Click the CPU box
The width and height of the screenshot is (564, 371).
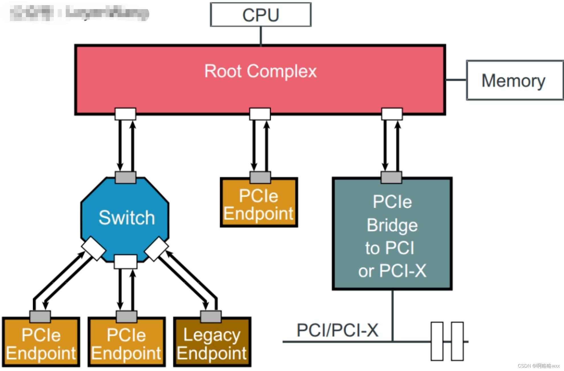261,15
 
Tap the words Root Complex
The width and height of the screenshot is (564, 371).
260,71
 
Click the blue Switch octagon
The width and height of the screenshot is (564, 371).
125,218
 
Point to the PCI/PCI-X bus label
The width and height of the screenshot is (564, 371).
337,330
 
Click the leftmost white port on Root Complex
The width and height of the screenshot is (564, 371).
125,114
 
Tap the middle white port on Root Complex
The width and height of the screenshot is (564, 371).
260,114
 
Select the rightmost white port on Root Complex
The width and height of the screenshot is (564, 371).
392,114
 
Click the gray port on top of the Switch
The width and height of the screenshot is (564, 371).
125,177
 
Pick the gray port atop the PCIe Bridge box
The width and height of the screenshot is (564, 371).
391,177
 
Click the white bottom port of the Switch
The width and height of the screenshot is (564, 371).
126,262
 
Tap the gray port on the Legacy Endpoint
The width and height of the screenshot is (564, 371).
211,317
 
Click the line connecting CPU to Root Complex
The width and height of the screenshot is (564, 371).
261,36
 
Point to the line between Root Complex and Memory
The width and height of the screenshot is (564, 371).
456,80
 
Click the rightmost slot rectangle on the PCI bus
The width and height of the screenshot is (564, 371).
457,341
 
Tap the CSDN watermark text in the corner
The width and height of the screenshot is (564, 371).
538,366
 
